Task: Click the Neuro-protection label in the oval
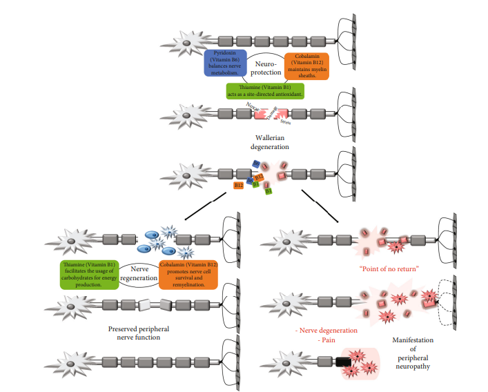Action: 266,67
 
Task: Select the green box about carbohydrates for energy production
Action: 88,275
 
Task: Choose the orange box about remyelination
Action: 188,275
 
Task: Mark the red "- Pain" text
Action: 308,340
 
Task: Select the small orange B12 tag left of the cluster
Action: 239,185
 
